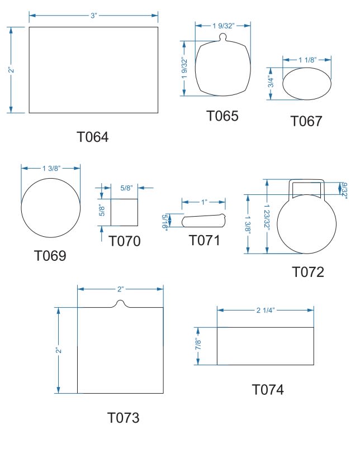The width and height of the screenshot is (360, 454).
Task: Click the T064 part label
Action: click(93, 137)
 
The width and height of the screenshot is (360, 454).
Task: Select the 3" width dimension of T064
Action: click(93, 16)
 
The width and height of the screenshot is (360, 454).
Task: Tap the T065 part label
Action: click(222, 116)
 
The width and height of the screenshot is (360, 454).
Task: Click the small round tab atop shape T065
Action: click(222, 37)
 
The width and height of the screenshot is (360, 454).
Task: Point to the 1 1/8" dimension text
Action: click(307, 60)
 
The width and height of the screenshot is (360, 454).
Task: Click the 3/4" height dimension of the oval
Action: click(270, 82)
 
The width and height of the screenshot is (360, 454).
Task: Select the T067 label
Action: click(306, 121)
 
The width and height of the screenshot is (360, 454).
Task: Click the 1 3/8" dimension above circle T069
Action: click(51, 168)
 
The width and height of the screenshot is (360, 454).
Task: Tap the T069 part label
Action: click(50, 256)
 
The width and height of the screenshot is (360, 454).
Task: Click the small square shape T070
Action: click(124, 212)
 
